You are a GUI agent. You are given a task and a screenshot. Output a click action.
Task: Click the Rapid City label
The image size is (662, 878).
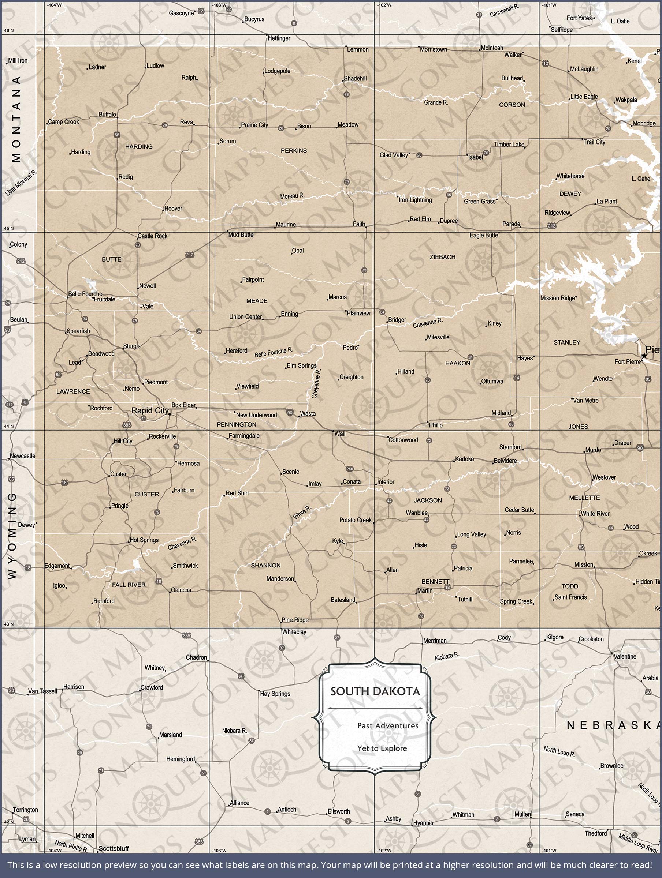tap(150, 410)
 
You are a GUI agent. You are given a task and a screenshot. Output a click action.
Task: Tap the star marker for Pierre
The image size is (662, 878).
tap(644, 356)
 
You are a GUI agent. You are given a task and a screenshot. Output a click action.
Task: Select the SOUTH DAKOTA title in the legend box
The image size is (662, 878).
tap(375, 691)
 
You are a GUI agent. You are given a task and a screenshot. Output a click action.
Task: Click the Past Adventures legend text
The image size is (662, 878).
tap(387, 725)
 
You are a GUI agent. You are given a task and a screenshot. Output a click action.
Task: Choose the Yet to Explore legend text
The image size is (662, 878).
tap(382, 748)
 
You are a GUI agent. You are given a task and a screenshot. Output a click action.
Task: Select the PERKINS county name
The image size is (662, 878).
tap(294, 150)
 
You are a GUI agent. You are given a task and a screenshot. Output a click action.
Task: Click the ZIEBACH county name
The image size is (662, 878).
tap(442, 257)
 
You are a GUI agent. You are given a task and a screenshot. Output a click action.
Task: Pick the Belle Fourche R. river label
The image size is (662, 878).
tap(274, 352)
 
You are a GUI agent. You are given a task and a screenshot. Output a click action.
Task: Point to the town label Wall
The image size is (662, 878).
tap(339, 434)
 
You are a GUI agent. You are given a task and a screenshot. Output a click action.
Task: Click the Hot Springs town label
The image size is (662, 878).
tap(144, 540)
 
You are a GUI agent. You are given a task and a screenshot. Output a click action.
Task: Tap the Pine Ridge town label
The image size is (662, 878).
tap(295, 620)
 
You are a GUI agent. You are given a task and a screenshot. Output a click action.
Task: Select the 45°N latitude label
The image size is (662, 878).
tap(8, 229)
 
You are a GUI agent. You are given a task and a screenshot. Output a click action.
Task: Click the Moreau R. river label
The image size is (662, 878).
tap(292, 196)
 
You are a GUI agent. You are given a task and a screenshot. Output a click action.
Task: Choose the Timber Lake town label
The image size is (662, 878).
tap(509, 145)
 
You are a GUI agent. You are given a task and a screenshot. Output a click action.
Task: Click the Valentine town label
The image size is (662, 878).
tap(625, 657)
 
